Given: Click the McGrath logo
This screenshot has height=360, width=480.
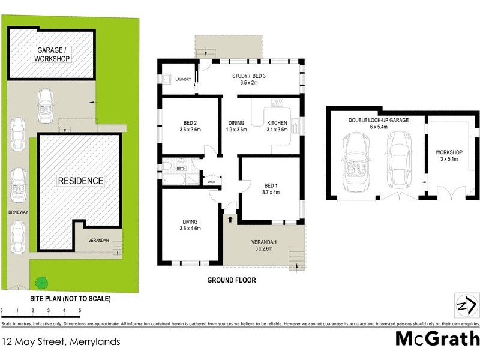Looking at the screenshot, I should click(437, 338).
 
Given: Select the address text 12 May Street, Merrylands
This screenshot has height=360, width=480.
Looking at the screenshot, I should click(61, 342).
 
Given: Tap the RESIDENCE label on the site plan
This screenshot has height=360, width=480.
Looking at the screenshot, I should click(80, 181).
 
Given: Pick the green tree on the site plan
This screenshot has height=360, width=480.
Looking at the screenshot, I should click(41, 281).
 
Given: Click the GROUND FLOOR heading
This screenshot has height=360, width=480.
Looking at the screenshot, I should click(232, 280).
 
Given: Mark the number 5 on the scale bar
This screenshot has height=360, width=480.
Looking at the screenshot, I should click(80, 310).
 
